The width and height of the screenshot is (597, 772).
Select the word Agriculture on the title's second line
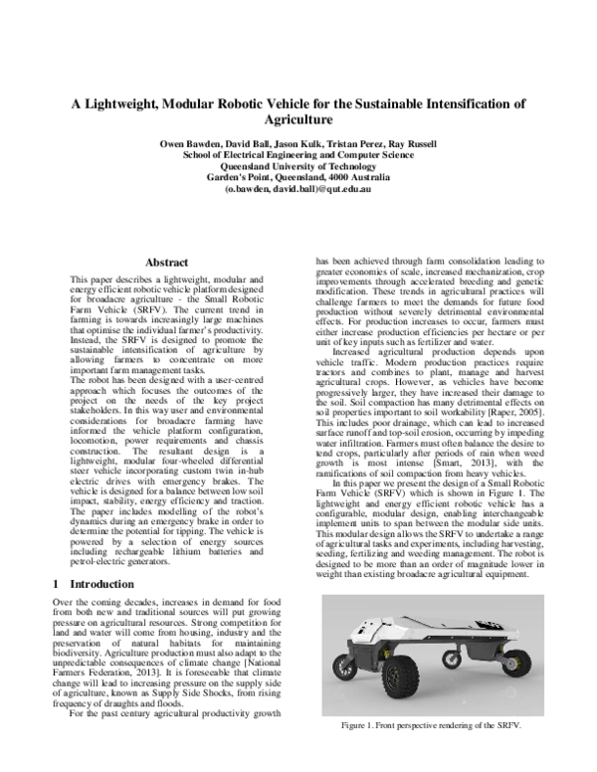298,118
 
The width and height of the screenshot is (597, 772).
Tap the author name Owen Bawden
191,144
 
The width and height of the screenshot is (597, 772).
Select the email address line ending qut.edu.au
298,188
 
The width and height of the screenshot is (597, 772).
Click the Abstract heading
167,263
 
